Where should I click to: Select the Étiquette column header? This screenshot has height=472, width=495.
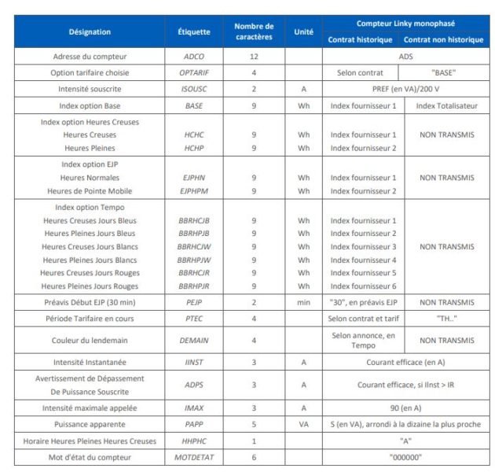pos(194,32)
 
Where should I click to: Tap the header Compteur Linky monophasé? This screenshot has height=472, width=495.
pos(405,24)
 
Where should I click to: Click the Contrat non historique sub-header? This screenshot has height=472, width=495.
pos(444,39)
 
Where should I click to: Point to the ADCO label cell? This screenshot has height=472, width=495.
pos(194,57)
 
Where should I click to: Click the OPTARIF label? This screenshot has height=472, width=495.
pos(194,72)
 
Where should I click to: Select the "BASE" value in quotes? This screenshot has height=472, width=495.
pos(444,72)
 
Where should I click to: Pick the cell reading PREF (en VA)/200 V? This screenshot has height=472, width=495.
pos(405,89)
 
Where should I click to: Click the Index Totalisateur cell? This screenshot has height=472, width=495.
pos(445,105)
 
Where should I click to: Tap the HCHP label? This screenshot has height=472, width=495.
pos(194,148)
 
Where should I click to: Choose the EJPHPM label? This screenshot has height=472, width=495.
pos(194,191)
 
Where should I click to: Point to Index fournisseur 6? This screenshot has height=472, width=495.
pos(363,286)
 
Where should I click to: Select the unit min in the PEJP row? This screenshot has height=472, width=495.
pos(303,302)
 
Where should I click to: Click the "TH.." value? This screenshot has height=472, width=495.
pos(445,319)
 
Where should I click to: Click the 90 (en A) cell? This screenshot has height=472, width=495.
pos(405,408)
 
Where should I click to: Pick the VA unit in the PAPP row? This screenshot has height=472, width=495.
pos(303,425)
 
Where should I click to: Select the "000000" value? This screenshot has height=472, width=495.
pos(405,457)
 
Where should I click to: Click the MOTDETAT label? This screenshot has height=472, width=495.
pos(194,457)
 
